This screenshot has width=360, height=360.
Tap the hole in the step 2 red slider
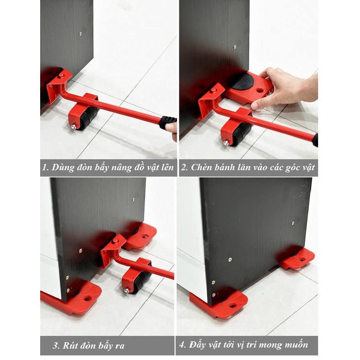260,90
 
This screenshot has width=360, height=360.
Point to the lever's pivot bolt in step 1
61,76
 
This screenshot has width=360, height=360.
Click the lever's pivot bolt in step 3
115,241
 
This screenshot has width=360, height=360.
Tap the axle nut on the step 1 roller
74,127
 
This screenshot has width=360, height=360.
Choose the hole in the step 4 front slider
233,306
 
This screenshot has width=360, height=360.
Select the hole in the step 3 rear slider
146,236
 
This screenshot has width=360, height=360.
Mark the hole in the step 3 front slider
88,298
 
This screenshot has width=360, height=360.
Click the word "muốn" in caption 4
296,345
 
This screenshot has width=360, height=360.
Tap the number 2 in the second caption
184,167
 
